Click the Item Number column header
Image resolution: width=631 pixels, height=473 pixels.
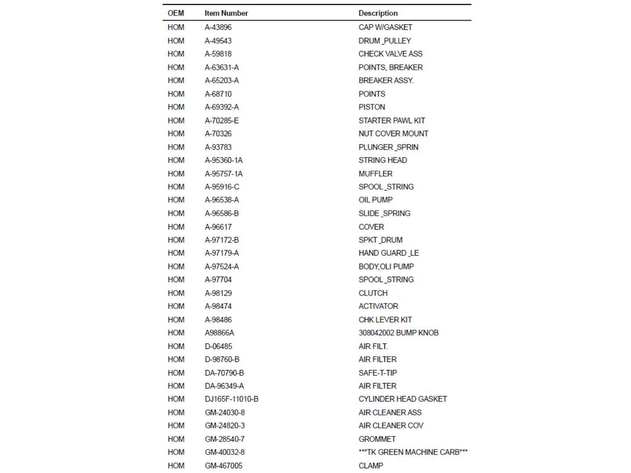pos(226,13)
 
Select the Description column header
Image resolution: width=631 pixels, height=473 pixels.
pos(378,13)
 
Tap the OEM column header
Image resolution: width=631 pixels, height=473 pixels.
pos(175,13)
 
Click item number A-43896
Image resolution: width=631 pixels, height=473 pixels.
pos(218,27)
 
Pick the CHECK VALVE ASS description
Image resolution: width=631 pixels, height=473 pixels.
pos(390,54)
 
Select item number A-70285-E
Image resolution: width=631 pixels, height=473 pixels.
pos(221,121)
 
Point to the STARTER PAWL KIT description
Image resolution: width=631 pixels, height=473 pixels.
pos(391,121)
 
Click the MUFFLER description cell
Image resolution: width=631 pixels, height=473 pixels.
pos(375,174)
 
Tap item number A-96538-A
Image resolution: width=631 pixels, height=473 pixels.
pos(221,200)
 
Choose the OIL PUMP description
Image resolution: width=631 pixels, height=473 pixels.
pos(375,200)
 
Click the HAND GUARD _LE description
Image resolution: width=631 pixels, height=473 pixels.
pos(388,253)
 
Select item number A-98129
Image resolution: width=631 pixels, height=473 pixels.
pos(218,293)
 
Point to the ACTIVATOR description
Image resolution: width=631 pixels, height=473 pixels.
pos(378,306)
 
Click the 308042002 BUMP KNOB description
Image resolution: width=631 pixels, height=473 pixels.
pos(398,333)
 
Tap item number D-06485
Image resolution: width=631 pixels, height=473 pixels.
pos(218,346)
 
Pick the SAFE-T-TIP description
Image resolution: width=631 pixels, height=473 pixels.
pos(377,373)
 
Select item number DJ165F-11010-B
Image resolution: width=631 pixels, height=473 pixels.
pos(231,399)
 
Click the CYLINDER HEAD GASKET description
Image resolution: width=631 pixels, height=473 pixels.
pos(402,399)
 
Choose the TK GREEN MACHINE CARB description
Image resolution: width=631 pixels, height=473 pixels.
pos(413,452)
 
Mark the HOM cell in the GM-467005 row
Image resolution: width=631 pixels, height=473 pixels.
pos(175,465)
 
